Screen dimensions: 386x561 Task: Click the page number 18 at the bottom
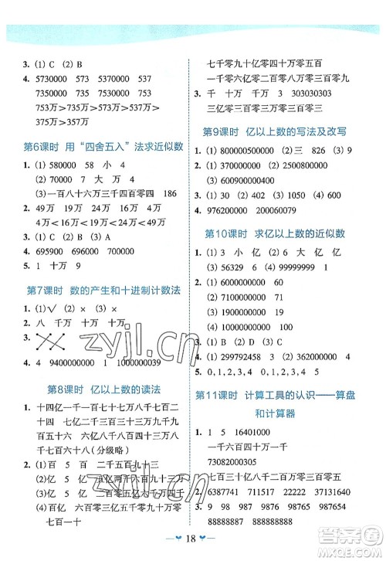pyautogui.click(x=193, y=541)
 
